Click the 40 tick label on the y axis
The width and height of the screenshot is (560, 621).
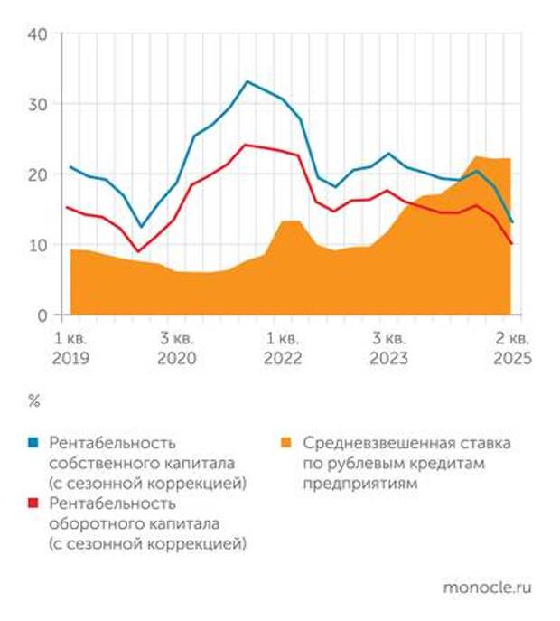39,34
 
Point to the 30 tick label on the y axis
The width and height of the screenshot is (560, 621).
39,104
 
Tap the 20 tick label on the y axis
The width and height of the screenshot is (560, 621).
39,174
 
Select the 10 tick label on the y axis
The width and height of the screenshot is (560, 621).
39,245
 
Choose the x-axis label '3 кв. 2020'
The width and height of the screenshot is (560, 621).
176,348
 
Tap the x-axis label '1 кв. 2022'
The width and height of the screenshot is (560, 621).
282,348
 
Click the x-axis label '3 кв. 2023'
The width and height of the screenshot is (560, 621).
388,348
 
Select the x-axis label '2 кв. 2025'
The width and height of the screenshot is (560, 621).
512,348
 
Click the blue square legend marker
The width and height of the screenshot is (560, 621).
33,444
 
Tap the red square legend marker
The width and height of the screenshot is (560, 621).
33,503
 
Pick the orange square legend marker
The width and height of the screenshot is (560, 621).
286,444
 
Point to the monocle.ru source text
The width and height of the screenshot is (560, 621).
487,588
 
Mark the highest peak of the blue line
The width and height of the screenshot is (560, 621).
247,82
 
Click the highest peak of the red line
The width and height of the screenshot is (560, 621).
245,145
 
